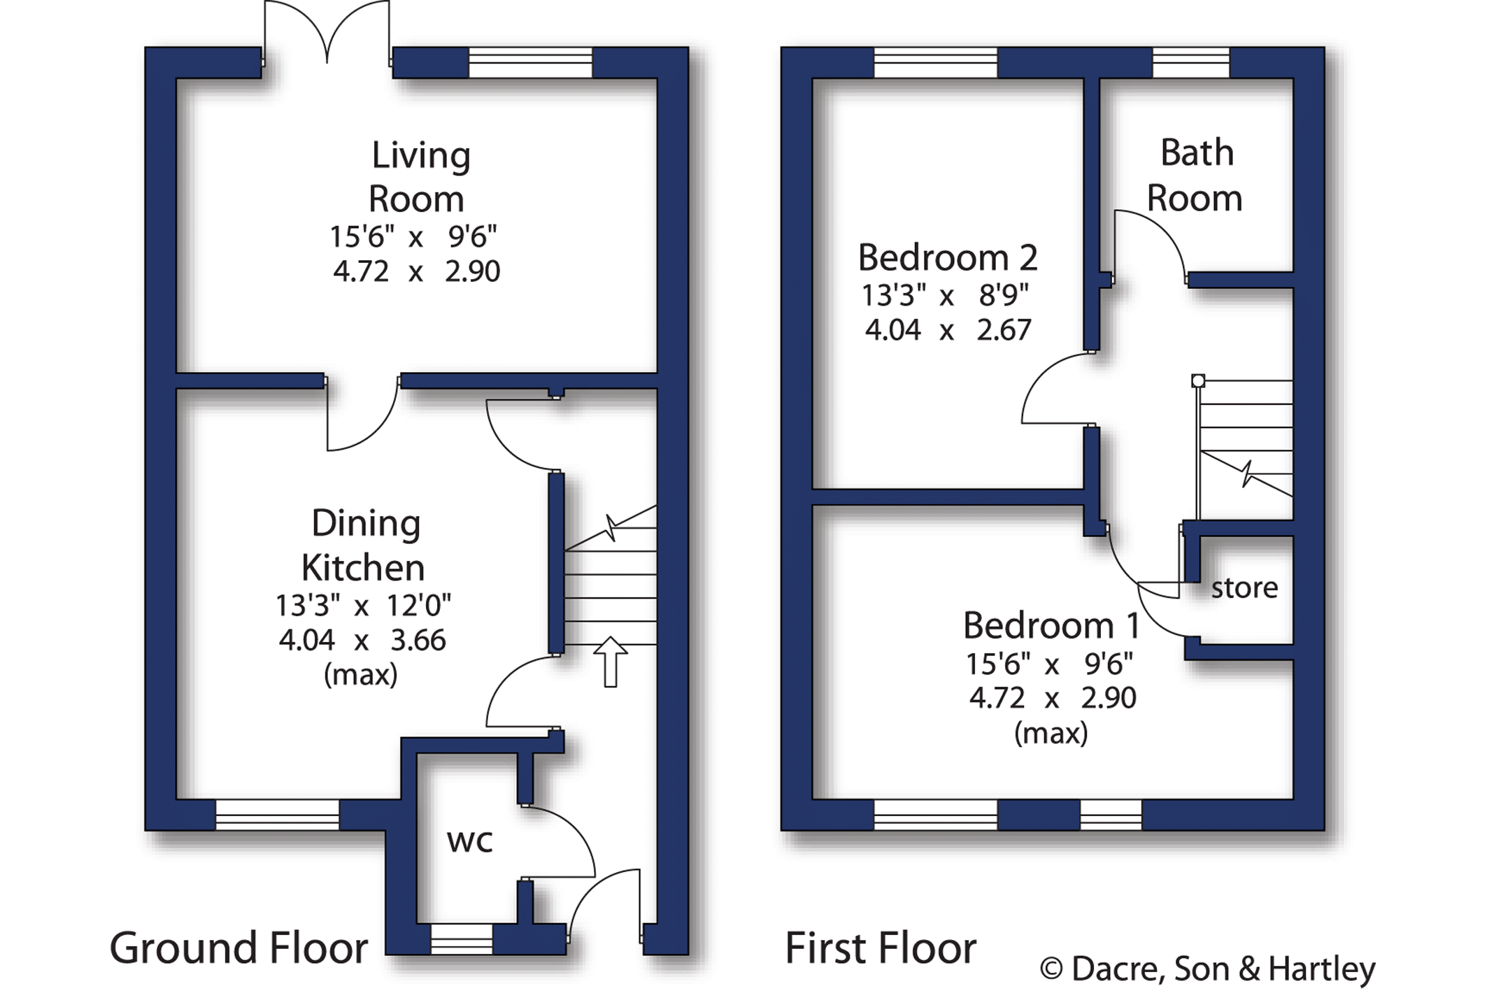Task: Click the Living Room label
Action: tap(419, 177)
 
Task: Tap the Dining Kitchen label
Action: tap(364, 546)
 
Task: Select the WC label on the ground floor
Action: tap(470, 841)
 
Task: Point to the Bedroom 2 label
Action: tap(948, 258)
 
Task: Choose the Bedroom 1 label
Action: tap(1051, 625)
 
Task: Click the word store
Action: tap(1244, 588)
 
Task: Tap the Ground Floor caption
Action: tap(239, 948)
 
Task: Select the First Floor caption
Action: tap(881, 948)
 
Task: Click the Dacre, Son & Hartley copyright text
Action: tap(1208, 969)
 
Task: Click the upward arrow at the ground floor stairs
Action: tap(611, 662)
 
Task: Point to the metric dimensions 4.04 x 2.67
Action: tap(948, 329)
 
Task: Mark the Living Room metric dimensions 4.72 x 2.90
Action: tap(416, 271)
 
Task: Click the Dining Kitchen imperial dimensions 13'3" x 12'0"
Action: tap(363, 606)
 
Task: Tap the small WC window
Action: tap(462, 939)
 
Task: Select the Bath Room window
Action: tap(1191, 62)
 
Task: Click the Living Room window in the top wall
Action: tap(530, 62)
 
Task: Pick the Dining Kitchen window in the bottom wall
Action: tap(278, 815)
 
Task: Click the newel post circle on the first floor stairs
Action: tap(1198, 381)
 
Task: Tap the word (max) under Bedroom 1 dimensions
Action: tap(1051, 733)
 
